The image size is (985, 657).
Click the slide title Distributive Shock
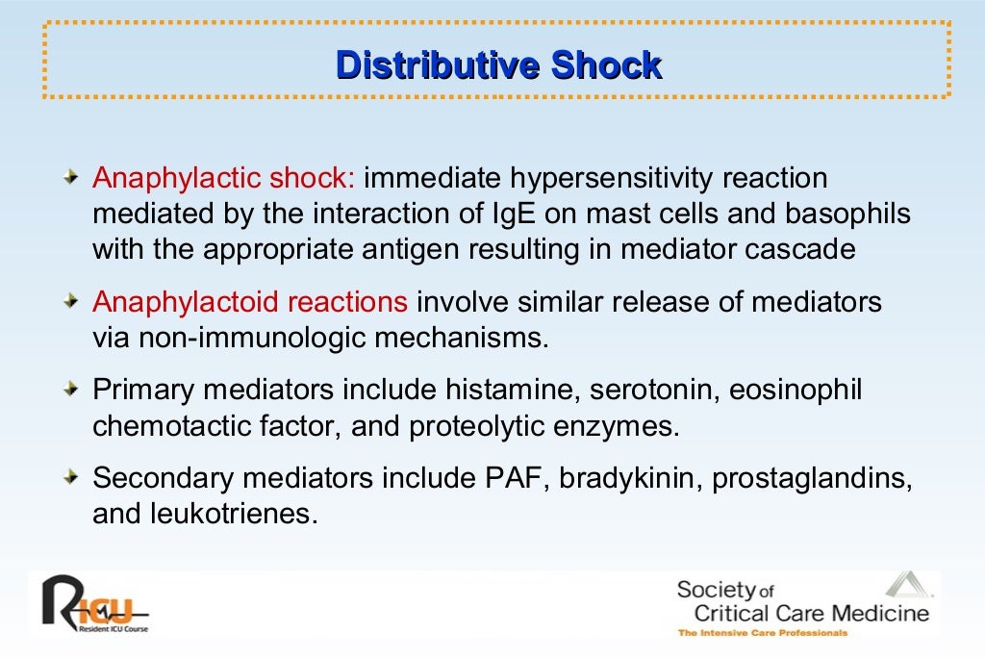point(498,65)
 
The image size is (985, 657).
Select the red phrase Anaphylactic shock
point(224,179)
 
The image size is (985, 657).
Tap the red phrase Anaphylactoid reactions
point(250,302)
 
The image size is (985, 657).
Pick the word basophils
point(847,214)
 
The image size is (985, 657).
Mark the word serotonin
point(654,391)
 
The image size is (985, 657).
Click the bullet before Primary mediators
point(72,391)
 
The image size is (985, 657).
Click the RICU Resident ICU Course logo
point(93,604)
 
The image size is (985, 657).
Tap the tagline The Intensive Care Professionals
point(763,633)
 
